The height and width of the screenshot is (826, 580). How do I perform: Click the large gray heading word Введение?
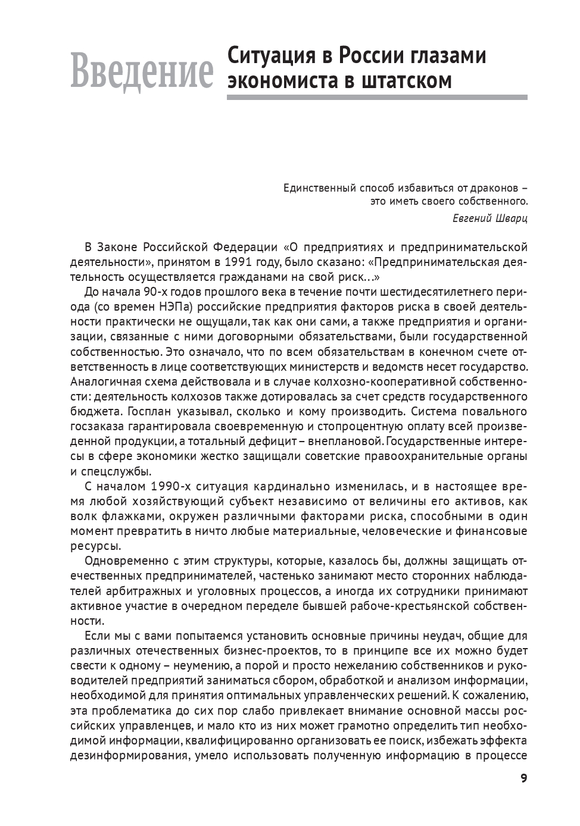(141, 72)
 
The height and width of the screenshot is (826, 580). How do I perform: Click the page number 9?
(523, 778)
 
